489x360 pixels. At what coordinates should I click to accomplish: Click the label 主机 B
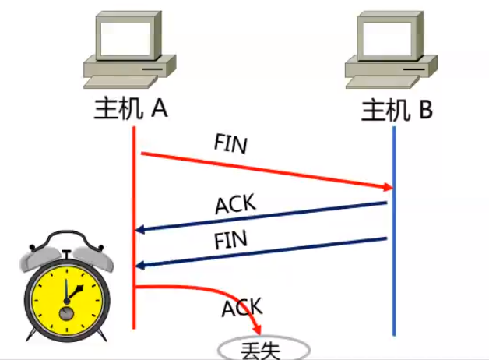click(397, 111)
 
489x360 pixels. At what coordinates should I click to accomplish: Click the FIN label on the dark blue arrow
click(230, 239)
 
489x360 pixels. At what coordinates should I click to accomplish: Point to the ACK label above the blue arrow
click(235, 205)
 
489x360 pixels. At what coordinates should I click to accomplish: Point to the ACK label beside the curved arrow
click(242, 308)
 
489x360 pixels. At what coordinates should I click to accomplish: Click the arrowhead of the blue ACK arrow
click(140, 229)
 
